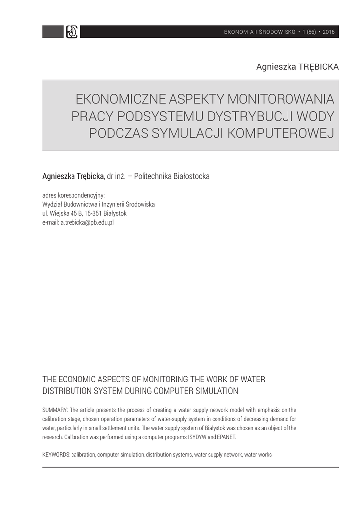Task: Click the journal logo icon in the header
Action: (72, 32)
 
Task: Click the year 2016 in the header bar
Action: (329, 32)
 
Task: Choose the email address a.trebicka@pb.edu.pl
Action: (87, 222)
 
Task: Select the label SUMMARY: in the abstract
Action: (55, 410)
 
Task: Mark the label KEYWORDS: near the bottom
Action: (56, 454)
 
